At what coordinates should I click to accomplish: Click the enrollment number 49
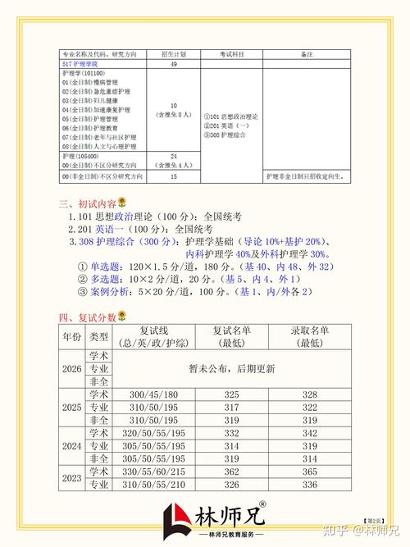[173, 63]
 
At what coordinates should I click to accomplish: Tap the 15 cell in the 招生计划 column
[173, 176]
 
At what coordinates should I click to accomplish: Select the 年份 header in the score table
[72, 336]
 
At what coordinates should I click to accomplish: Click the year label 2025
[72, 408]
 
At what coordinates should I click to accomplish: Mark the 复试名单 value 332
[231, 433]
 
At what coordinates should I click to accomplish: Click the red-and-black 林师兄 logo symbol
[178, 519]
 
